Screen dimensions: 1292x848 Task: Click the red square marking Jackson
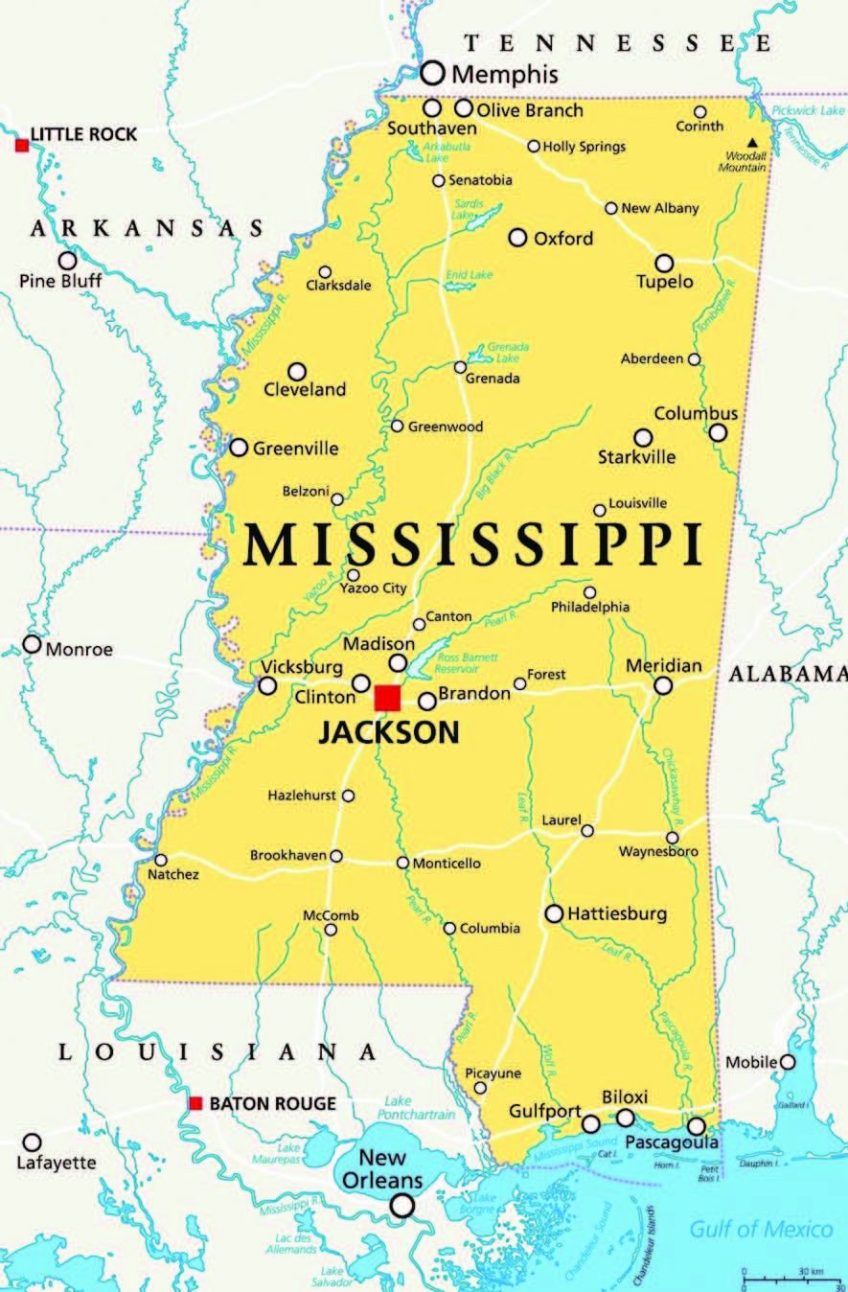pos(387,698)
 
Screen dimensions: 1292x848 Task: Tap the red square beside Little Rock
pos(22,145)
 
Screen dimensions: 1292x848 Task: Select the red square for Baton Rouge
pos(195,1103)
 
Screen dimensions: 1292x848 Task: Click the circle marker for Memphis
pos(433,72)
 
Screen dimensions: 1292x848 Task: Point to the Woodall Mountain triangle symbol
pos(752,144)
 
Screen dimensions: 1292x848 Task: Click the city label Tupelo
pos(665,283)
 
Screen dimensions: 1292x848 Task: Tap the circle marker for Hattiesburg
pos(554,913)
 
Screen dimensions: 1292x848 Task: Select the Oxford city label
pos(563,239)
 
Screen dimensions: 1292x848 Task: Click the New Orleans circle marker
pos(403,1205)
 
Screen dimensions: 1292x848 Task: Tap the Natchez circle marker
pos(161,860)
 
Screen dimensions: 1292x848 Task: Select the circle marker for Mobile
pos(788,1061)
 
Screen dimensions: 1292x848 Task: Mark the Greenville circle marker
pos(239,448)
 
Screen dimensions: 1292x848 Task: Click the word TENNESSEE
pos(617,43)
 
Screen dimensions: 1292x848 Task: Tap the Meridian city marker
pos(663,685)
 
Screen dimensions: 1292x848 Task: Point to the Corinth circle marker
pos(699,111)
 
